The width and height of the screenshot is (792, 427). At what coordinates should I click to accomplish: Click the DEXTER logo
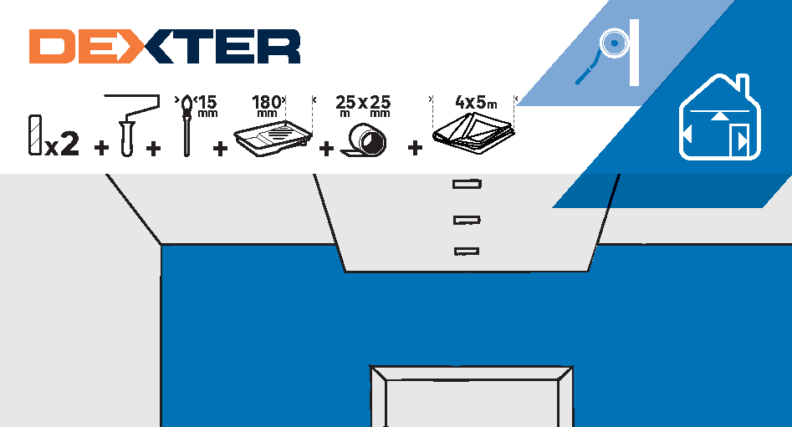[x=165, y=47]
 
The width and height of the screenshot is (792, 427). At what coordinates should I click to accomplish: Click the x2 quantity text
[x=62, y=144]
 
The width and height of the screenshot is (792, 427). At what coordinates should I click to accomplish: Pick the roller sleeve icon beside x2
[x=35, y=135]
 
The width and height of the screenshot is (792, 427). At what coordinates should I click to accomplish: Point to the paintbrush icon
[x=187, y=125]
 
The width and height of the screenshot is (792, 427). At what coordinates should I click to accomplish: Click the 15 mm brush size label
[x=207, y=105]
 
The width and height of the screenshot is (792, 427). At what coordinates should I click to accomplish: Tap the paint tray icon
[x=273, y=137]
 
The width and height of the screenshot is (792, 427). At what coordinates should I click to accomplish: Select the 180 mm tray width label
[x=268, y=105]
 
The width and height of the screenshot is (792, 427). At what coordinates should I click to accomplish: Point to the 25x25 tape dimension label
[x=363, y=105]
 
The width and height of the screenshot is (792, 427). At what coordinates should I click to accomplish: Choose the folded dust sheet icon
[x=473, y=133]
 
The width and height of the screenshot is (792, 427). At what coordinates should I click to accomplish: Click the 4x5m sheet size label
[x=476, y=103]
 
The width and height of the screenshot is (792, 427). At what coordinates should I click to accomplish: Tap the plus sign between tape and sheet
[x=415, y=148]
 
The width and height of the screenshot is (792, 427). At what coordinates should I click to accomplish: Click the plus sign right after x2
[x=101, y=148]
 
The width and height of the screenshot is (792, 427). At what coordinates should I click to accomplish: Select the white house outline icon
[x=719, y=117]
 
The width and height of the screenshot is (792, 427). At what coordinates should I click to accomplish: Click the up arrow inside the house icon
[x=719, y=117]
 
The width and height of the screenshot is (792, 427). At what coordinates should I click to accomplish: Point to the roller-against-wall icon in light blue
[x=608, y=52]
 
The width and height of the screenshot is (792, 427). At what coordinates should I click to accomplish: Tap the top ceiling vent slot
[x=467, y=184]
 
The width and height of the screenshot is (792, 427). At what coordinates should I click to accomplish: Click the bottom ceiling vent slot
[x=467, y=251]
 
